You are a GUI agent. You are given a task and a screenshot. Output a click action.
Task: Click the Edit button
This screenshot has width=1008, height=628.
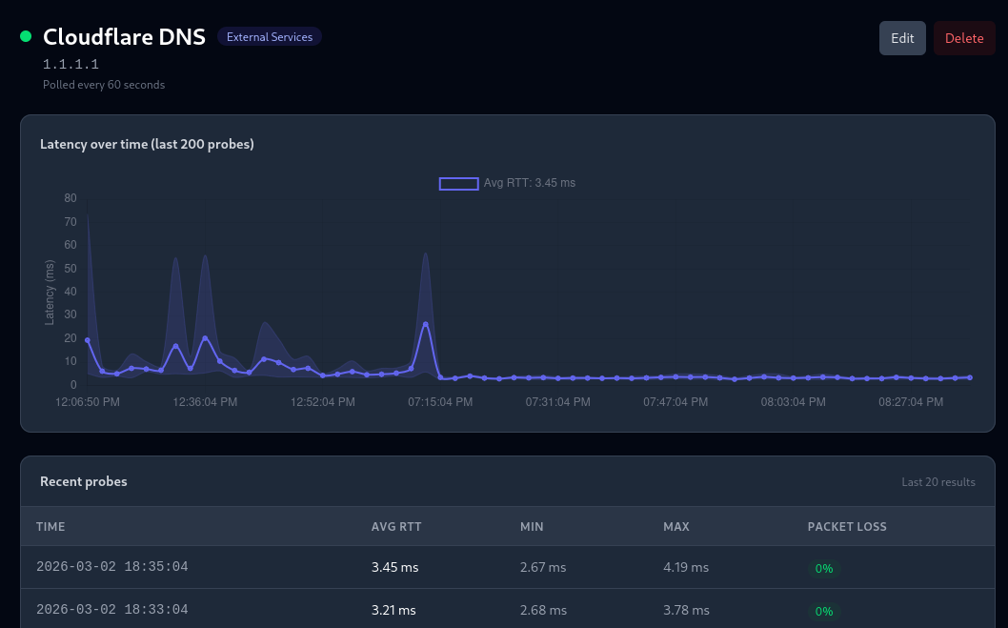pos(901,38)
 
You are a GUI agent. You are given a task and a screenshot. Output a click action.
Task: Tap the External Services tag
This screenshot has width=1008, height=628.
pos(270,37)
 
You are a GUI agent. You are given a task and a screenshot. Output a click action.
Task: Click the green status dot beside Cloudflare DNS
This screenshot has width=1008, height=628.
pos(26,37)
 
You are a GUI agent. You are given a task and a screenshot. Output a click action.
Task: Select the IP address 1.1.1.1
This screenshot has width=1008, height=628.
pos(71,65)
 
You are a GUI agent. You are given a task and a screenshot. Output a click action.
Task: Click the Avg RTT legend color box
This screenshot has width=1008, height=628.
pos(458,183)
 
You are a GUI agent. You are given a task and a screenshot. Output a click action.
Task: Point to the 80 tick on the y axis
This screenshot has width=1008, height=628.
pos(70,198)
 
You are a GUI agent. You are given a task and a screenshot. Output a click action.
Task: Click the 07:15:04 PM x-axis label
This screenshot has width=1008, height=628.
pos(440,402)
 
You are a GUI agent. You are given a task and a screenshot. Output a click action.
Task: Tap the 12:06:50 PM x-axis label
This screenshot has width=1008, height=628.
pos(88,402)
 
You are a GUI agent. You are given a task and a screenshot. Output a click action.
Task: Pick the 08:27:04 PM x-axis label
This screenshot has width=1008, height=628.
pos(910,402)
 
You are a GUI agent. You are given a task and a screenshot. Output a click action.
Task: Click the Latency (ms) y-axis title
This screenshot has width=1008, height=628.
pos(50,292)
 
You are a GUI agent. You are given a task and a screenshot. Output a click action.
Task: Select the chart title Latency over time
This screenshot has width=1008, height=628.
pos(147,144)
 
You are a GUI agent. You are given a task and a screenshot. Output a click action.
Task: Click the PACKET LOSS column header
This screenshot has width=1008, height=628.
pos(846,526)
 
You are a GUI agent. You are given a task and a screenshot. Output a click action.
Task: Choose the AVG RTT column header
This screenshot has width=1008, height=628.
pos(396,526)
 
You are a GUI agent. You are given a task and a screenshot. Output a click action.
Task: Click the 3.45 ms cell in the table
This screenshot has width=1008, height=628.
pos(394,567)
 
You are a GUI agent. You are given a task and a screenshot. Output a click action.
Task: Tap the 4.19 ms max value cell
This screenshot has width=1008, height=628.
pos(686,567)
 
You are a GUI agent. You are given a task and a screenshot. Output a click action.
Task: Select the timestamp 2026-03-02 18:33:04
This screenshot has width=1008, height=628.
pos(111,609)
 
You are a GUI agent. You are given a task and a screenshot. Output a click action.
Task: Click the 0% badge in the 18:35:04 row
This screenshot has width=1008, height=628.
pos(824,568)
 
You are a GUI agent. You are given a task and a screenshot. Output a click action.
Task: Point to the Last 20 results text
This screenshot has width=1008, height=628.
pos(937,482)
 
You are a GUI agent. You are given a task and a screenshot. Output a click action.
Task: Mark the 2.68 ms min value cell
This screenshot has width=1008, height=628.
pos(543,610)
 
